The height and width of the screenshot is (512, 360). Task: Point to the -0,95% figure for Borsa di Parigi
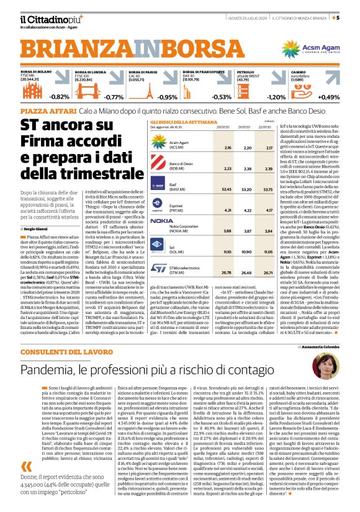(x=167, y=97)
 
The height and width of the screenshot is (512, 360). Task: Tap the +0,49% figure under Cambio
(x=329, y=97)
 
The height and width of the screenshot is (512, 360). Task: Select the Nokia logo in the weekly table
(x=161, y=221)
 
